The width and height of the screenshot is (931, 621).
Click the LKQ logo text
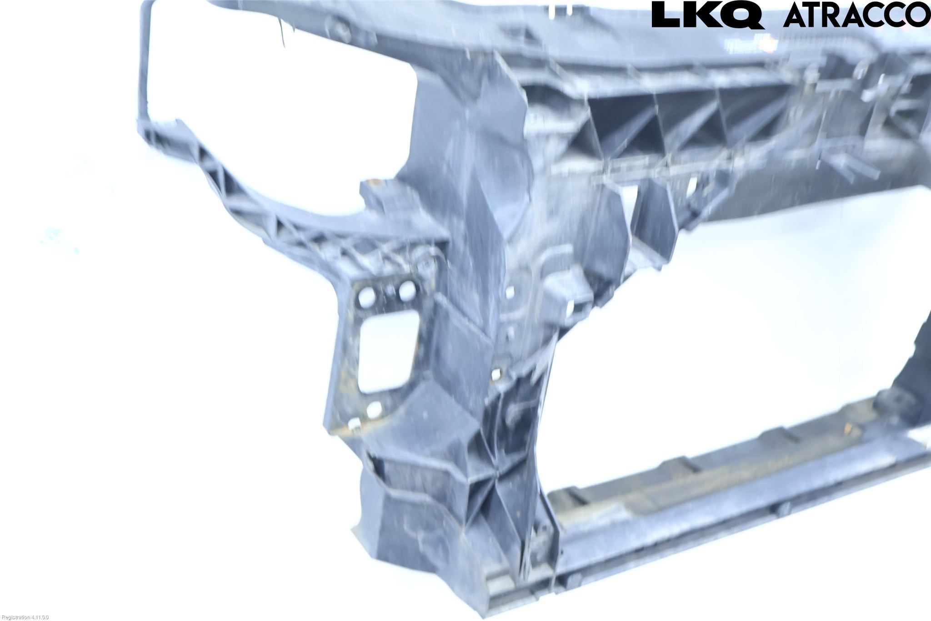(x=708, y=15)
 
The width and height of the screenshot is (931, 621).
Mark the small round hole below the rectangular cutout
(x=373, y=409)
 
